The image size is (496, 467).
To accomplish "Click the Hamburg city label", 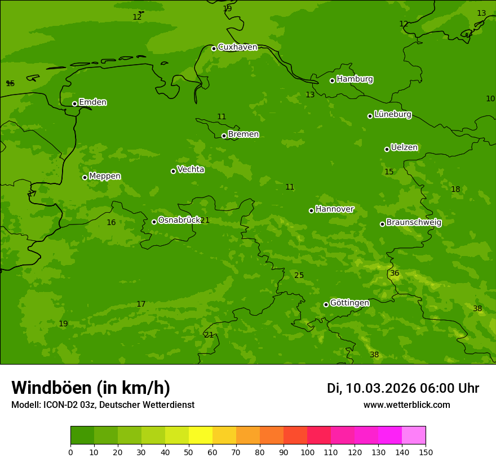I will [x=355, y=79].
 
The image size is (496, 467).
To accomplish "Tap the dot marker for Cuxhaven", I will [x=214, y=48].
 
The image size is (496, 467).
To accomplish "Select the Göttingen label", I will [x=349, y=303].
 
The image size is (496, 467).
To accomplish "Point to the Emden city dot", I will [x=74, y=104].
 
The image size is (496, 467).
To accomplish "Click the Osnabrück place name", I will [x=179, y=220].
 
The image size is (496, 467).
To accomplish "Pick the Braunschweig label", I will [x=414, y=222].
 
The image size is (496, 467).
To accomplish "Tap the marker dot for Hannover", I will [x=311, y=210].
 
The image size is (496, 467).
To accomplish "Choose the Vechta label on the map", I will [x=191, y=169].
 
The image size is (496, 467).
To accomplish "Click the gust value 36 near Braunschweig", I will [x=395, y=273].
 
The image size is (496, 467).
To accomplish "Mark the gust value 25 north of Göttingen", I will [x=299, y=275].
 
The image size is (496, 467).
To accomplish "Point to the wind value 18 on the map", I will [x=455, y=189].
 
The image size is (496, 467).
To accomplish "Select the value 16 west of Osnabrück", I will [x=111, y=222].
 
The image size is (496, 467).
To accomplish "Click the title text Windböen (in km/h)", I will [x=91, y=388].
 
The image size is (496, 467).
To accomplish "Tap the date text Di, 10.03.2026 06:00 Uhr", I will [x=402, y=388].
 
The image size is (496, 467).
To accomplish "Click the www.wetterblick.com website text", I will [x=406, y=405].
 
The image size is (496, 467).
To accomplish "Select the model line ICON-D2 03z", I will [x=103, y=405].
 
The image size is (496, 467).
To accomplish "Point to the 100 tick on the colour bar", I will [x=307, y=452].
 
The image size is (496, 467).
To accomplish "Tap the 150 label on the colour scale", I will [x=426, y=452].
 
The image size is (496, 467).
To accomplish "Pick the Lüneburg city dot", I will [x=370, y=116].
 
